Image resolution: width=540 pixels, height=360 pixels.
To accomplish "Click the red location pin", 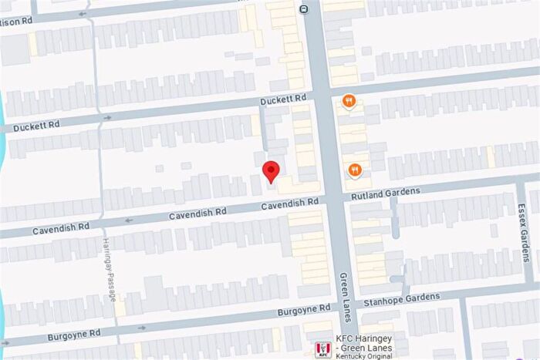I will click(271, 170).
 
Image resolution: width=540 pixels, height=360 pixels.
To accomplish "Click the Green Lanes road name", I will click(345, 292).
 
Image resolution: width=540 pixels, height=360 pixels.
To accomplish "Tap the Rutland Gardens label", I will click(386, 193).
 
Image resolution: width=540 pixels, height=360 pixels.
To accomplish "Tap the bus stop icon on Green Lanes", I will click(305, 10).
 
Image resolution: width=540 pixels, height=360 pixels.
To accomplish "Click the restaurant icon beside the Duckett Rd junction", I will click(349, 101).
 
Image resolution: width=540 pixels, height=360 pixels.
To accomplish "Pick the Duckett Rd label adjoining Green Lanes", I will click(283, 99).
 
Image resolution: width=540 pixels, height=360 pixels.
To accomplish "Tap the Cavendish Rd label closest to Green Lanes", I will click(289, 203).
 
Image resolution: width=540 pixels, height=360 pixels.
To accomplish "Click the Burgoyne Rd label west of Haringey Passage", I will click(73, 334).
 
